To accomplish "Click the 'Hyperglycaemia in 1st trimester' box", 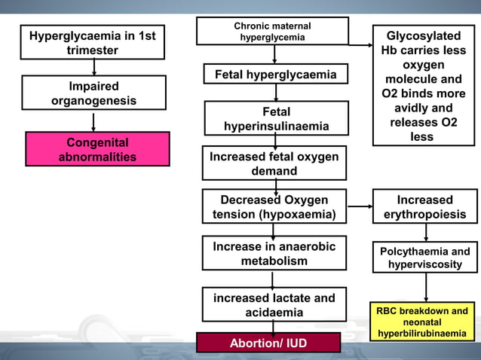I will click(x=92, y=43).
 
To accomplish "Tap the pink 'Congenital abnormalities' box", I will click(x=97, y=149).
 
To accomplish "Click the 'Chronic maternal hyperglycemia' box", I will click(x=272, y=31).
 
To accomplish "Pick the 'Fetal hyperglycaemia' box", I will click(x=275, y=75).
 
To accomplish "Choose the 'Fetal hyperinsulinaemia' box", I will click(x=276, y=119).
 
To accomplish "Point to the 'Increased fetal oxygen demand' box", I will click(x=274, y=163).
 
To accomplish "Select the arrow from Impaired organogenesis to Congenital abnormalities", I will click(x=93, y=122).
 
